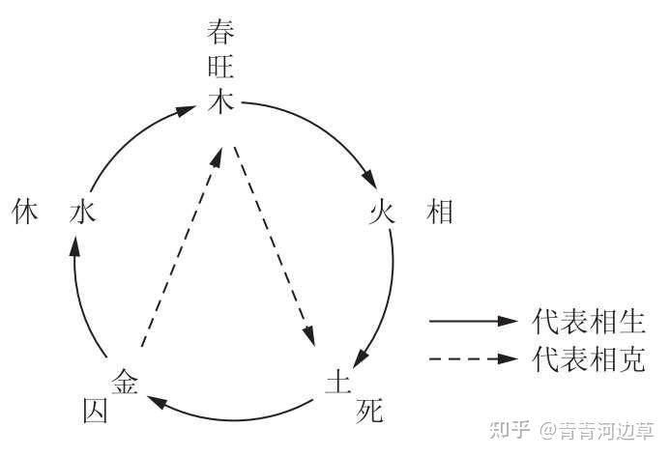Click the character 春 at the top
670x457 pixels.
click(222, 33)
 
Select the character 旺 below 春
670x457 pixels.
click(222, 68)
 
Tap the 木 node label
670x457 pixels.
click(222, 102)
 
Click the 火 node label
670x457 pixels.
click(383, 213)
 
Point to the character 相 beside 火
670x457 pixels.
click(440, 213)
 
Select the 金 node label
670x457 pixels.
click(127, 380)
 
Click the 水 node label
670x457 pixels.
click(81, 213)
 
